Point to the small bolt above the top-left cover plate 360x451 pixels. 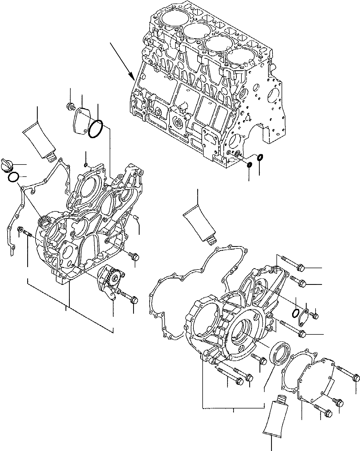click(71, 107)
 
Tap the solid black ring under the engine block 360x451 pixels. click(250, 165)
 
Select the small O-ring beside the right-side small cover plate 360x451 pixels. click(296, 313)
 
